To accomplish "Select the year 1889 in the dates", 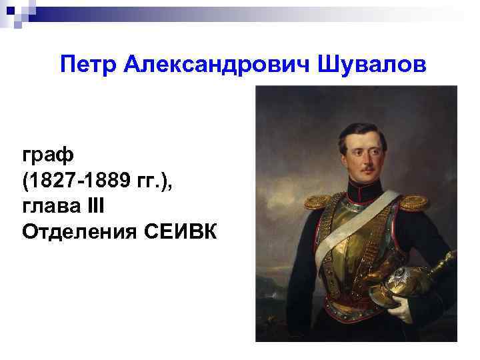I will [x=106, y=181].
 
